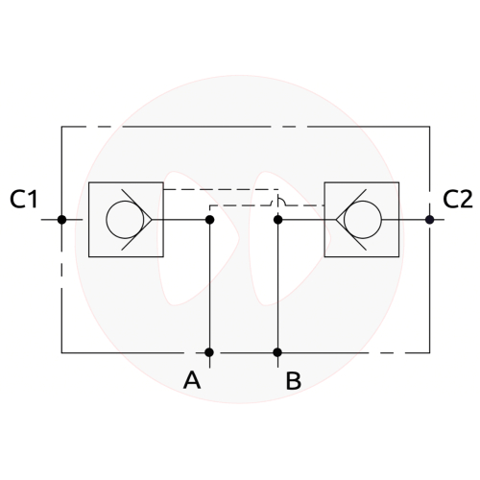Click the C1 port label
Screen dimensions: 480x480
click(24, 199)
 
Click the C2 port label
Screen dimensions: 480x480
click(458, 199)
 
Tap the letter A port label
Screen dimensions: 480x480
click(192, 380)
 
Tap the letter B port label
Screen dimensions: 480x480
click(294, 380)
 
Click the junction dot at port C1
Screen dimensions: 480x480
click(61, 220)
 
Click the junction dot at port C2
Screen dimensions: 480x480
click(429, 220)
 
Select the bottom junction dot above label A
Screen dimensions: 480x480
click(209, 352)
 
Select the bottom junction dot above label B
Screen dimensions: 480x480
click(277, 352)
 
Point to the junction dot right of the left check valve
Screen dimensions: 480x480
click(209, 220)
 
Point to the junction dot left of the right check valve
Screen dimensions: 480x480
click(278, 220)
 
